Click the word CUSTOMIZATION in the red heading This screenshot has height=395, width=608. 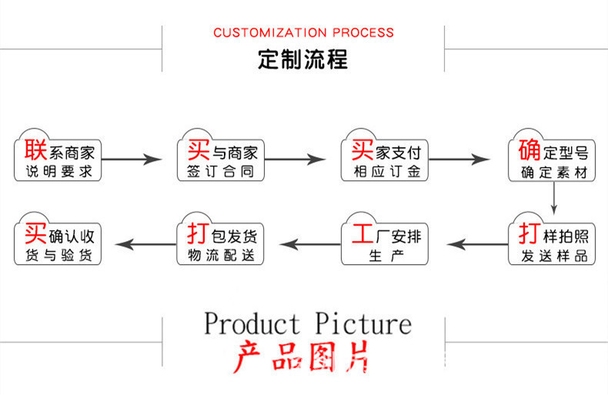(270, 32)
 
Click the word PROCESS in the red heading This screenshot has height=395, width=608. (363, 32)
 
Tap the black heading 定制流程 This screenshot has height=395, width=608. (302, 59)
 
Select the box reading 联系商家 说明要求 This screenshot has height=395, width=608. (58, 156)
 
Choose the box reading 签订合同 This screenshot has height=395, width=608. (221, 156)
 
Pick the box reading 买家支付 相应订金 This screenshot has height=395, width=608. (385, 156)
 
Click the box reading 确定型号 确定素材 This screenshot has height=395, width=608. (552, 156)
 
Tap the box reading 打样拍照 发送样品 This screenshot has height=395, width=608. (552, 239)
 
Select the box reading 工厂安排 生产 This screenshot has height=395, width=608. (385, 239)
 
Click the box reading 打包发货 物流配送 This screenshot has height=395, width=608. (220, 239)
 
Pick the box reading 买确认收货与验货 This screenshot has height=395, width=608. (58, 239)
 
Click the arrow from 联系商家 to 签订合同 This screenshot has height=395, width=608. (132, 159)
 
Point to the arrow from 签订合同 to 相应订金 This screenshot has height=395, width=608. (295, 159)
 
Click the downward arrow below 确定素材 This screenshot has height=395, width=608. (553, 198)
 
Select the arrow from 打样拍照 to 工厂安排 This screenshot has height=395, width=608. (477, 244)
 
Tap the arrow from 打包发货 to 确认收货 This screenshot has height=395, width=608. (145, 244)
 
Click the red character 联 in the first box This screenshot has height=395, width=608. (35, 149)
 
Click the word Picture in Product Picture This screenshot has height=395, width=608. (363, 323)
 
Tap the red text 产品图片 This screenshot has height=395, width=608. (301, 357)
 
